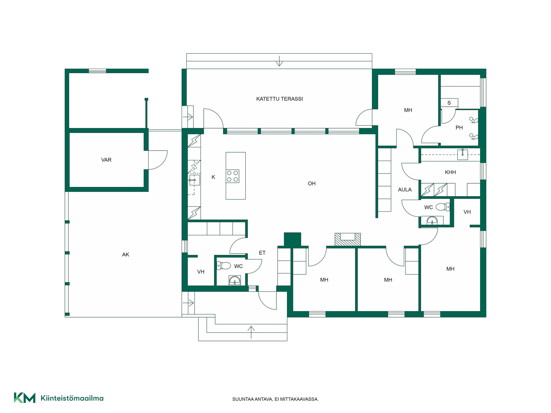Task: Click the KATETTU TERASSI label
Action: [x=280, y=99]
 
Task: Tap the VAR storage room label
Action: [x=106, y=160]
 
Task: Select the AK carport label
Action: [x=126, y=255]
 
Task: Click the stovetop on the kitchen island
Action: [x=232, y=176]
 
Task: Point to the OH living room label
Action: [x=312, y=184]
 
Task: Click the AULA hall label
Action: [x=405, y=190]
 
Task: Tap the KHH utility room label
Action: [x=450, y=172]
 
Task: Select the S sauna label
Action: [x=449, y=103]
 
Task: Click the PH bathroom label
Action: [x=459, y=128]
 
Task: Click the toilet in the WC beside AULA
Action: [x=443, y=207]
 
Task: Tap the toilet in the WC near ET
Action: [x=224, y=266]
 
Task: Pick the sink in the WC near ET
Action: [x=235, y=280]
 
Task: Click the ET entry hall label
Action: [x=262, y=253]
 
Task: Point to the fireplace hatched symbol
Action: [x=348, y=239]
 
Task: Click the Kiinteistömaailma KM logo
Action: [x=25, y=398]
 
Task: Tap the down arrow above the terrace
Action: [x=279, y=61]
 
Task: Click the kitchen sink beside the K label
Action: [x=194, y=180]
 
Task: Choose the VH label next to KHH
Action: [x=467, y=212]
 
